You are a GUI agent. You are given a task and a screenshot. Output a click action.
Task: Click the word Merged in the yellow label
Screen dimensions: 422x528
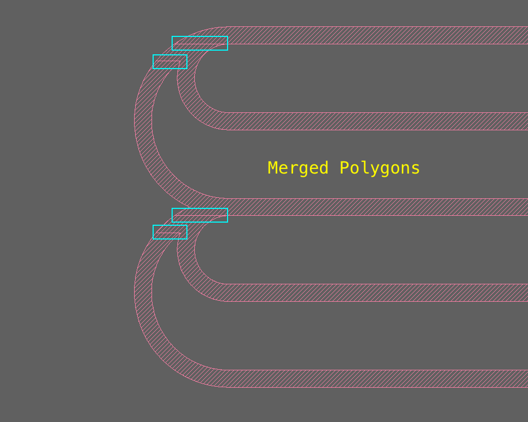298,168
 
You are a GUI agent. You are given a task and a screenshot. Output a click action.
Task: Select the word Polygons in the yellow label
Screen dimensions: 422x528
380,168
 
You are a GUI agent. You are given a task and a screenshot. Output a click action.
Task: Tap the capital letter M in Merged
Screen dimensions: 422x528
273,168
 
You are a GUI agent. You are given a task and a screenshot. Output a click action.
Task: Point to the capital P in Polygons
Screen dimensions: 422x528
344,168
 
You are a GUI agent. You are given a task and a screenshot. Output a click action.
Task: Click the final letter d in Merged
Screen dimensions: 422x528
324,168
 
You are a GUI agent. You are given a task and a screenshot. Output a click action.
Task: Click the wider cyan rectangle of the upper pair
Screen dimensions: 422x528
200,43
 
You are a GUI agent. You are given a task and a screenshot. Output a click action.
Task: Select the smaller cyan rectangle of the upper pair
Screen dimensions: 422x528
170,62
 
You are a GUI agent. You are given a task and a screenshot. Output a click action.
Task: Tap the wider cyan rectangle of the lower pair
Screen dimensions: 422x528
200,215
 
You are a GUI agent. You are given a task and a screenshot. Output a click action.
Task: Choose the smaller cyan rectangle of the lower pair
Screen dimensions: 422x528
170,232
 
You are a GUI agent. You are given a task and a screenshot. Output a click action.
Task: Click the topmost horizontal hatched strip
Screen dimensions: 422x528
370,35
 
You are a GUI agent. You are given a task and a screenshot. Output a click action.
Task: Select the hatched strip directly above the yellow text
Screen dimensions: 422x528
370,121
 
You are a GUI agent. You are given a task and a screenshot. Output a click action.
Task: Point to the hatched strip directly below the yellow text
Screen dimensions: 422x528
370,207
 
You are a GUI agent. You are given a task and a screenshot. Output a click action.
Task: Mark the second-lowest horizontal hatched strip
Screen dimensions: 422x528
370,293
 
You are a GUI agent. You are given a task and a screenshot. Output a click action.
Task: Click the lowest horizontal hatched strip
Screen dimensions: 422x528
370,379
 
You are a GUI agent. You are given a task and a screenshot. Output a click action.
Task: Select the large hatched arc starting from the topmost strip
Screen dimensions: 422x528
143,121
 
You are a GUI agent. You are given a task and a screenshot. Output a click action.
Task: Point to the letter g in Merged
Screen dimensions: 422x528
314,169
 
